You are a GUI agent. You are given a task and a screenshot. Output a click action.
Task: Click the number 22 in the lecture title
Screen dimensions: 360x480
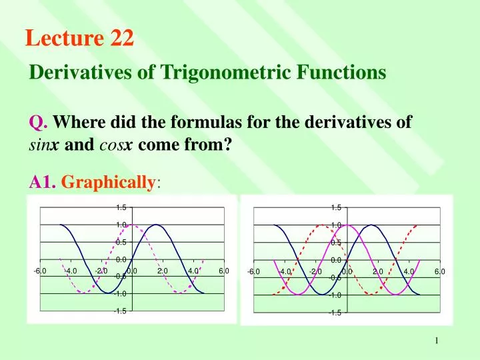[x=122, y=39]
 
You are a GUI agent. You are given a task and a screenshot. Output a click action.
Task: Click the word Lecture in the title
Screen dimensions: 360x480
[x=63, y=39]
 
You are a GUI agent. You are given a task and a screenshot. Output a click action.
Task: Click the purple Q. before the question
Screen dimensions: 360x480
[x=37, y=122]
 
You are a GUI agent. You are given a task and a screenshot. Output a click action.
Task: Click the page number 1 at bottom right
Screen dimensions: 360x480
[x=437, y=341]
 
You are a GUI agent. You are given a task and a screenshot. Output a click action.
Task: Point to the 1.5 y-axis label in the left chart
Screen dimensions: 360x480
[x=121, y=208]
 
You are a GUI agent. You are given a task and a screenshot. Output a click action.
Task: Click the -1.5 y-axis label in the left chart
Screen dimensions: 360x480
[x=119, y=310]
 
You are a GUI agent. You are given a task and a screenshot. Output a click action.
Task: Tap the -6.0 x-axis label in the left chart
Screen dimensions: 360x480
[x=41, y=270]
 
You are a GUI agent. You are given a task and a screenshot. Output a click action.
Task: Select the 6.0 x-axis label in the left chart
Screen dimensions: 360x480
[x=223, y=270]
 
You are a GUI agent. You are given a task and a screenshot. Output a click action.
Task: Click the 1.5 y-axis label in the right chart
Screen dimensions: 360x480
[x=336, y=208]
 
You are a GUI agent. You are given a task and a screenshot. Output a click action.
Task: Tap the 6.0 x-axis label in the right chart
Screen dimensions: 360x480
[x=439, y=271]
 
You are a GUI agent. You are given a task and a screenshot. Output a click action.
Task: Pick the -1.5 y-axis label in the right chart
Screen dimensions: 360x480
[x=335, y=312]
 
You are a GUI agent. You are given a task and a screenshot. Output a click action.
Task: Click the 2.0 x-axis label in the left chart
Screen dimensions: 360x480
[x=163, y=270]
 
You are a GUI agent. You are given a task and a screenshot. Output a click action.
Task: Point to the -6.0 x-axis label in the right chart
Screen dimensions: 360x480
[x=254, y=271]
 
